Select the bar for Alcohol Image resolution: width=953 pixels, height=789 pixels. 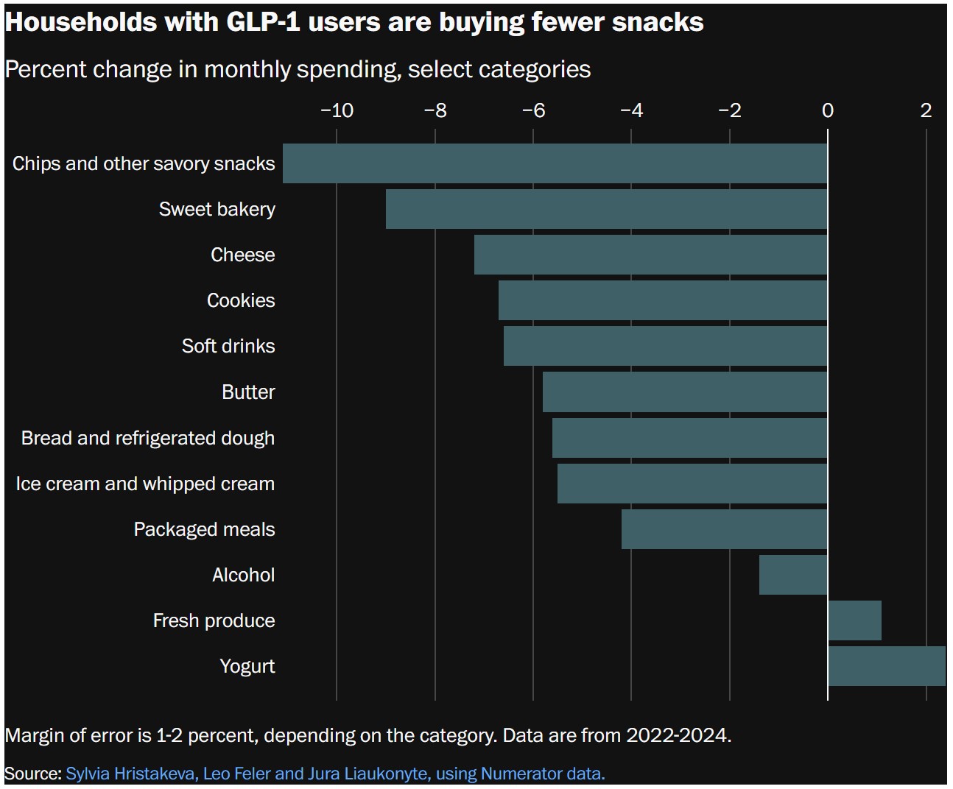[793, 575]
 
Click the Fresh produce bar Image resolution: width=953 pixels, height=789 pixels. [854, 620]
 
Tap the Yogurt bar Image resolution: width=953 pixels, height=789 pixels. [886, 666]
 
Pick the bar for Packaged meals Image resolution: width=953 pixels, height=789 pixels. [724, 529]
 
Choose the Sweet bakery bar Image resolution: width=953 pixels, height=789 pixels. [606, 209]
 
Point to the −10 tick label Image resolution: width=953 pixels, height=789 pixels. [337, 110]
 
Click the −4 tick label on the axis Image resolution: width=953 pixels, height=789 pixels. [631, 110]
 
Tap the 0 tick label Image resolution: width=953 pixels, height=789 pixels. [828, 110]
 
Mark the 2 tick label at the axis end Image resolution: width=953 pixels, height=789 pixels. [926, 110]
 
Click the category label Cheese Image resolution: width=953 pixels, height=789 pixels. [242, 255]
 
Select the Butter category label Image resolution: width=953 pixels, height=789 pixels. [248, 392]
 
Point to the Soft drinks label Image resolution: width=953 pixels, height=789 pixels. [228, 346]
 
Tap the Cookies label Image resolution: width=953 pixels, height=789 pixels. [241, 300]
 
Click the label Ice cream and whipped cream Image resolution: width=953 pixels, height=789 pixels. [145, 484]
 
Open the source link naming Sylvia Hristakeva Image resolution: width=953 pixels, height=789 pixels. [335, 774]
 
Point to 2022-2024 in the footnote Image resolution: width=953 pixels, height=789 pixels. [678, 735]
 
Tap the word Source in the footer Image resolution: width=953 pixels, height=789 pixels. [32, 774]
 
